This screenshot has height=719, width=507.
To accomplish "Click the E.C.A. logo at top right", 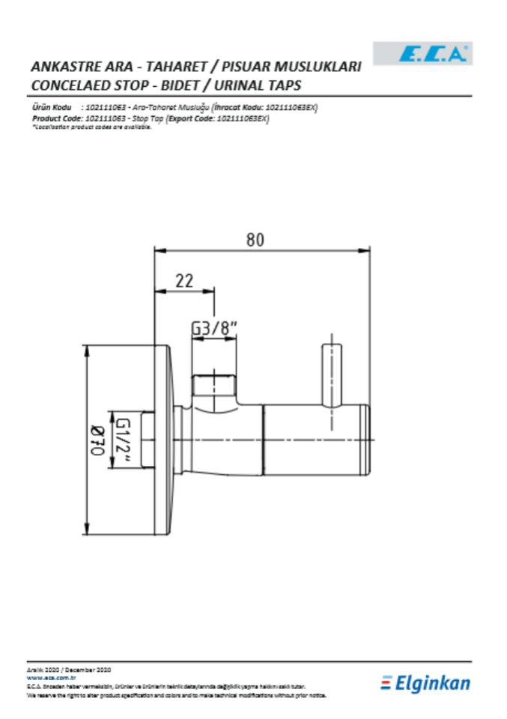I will click(434, 52).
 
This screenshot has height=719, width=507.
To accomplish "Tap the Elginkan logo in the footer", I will click(425, 683).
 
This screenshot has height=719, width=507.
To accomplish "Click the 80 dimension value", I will click(255, 240).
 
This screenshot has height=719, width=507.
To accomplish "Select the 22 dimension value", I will click(183, 281).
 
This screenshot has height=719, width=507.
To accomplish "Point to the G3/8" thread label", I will click(214, 327).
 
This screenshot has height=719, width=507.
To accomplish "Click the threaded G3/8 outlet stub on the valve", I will click(215, 386).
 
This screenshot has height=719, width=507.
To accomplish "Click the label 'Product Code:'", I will click(57, 118).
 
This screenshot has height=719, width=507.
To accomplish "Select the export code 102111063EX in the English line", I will click(241, 118).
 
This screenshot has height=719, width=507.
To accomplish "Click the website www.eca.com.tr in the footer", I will click(52, 676).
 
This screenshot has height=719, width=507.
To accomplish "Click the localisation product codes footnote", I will click(91, 127).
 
